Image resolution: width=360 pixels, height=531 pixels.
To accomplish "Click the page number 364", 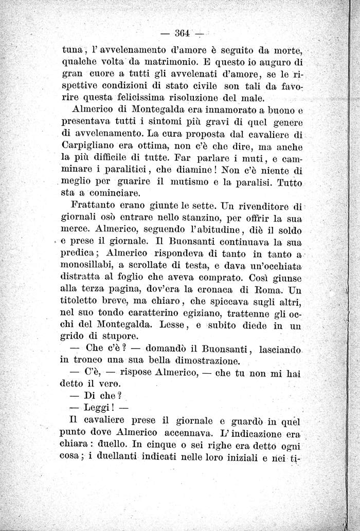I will (183, 34).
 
